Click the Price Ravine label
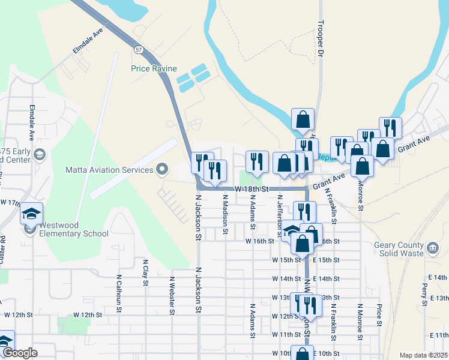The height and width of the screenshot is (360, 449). tap(153, 68)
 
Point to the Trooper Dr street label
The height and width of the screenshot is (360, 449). tap(321, 44)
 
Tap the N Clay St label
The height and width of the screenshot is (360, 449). tap(145, 274)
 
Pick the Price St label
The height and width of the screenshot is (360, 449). tap(379, 316)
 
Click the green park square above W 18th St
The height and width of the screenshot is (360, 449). tap(244, 178)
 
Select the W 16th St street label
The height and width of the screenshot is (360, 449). tap(259, 241)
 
